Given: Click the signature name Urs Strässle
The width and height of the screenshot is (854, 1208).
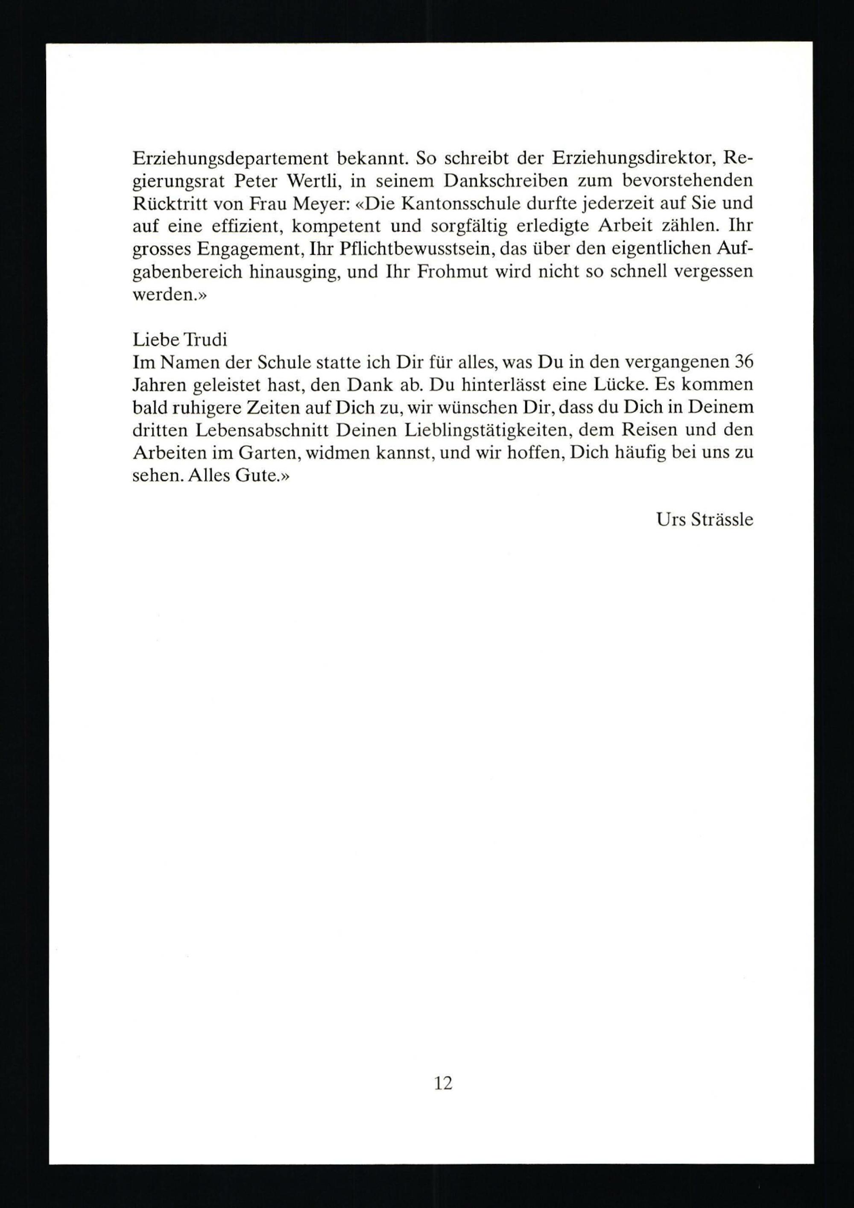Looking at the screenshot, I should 705,520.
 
